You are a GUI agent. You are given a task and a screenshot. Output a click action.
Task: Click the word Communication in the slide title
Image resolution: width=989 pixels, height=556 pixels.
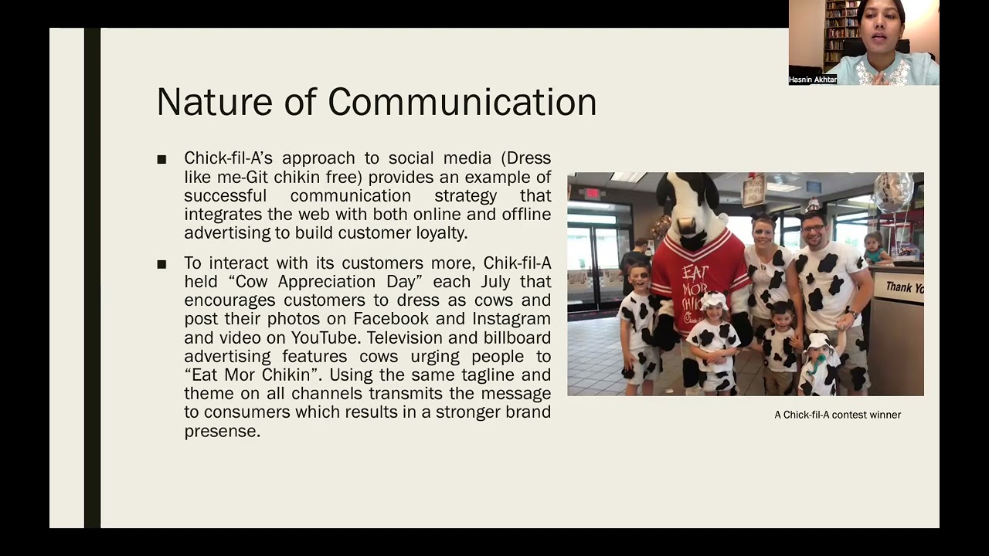[x=462, y=102]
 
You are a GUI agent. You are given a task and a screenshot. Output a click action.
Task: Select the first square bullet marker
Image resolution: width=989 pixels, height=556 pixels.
[x=161, y=160]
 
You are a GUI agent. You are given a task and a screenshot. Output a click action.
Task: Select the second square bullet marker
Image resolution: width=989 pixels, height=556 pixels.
[x=161, y=265]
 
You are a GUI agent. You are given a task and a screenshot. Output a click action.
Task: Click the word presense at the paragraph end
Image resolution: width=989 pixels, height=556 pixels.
[x=222, y=431]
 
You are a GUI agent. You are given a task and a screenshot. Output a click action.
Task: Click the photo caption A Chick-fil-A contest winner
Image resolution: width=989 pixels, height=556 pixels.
[x=838, y=415]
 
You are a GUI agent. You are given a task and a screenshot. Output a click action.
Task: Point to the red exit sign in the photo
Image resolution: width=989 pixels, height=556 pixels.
[x=592, y=193]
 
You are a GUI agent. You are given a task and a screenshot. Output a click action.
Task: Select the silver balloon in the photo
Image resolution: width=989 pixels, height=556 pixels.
[x=892, y=192]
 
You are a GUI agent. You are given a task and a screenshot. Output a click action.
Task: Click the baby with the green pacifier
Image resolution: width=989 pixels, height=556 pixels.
[x=819, y=363]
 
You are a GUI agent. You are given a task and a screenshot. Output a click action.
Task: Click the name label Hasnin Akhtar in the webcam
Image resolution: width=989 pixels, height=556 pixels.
[x=812, y=80]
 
